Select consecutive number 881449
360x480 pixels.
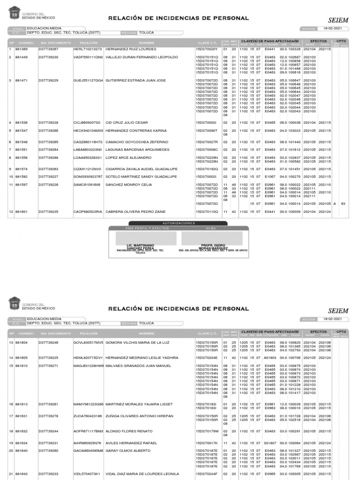click(x=22, y=57)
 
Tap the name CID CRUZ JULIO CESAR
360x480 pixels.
click(x=127, y=123)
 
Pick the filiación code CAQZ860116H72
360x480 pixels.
click(x=88, y=142)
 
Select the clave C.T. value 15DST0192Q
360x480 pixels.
click(x=207, y=169)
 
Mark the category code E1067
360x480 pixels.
click(x=270, y=177)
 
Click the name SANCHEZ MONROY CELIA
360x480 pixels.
click(x=128, y=185)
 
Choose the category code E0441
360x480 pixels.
click(x=270, y=212)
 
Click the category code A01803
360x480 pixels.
click(x=270, y=358)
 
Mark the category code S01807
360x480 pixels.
click(x=270, y=443)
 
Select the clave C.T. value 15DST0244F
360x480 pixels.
click(x=207, y=474)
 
